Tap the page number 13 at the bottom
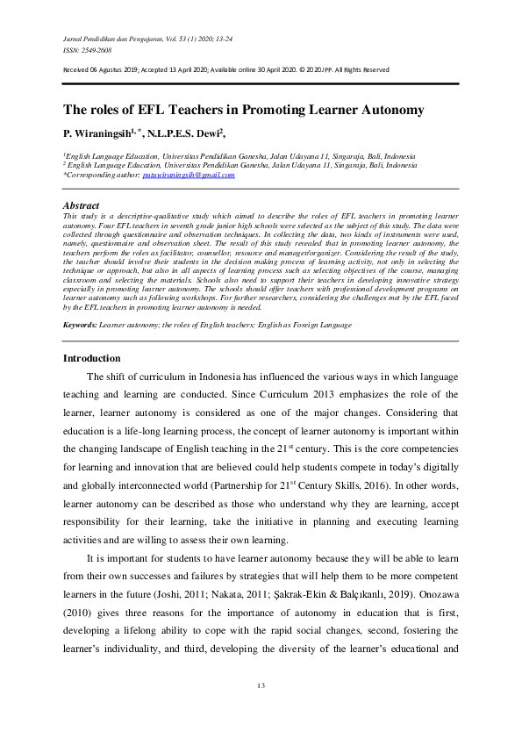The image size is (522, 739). click(x=261, y=685)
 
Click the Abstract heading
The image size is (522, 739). click(x=82, y=205)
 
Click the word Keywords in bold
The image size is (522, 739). click(x=79, y=300)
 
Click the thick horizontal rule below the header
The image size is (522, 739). click(x=261, y=83)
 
